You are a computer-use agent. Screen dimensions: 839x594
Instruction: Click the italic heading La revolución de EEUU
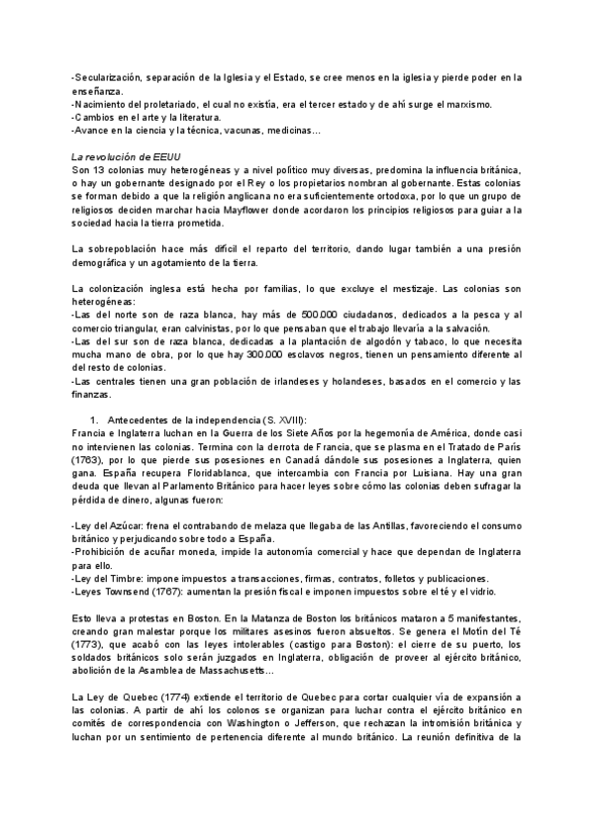(x=125, y=157)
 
